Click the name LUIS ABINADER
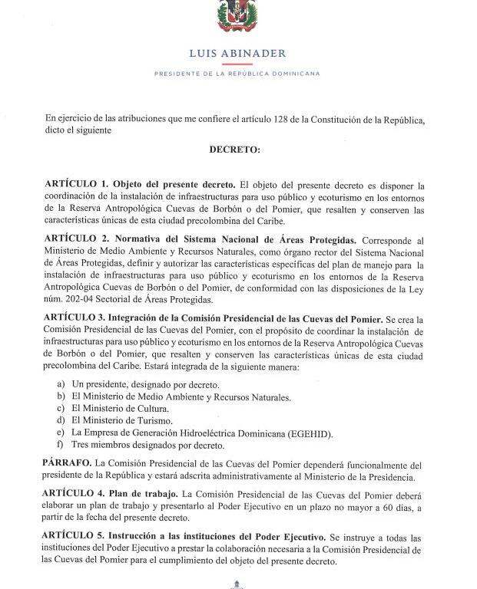point(237,54)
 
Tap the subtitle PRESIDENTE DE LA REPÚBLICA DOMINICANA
point(237,74)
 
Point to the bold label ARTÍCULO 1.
point(77,186)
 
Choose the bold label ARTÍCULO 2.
point(77,240)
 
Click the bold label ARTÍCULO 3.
point(77,318)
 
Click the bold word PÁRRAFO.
point(68,464)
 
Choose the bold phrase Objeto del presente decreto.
point(174,186)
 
